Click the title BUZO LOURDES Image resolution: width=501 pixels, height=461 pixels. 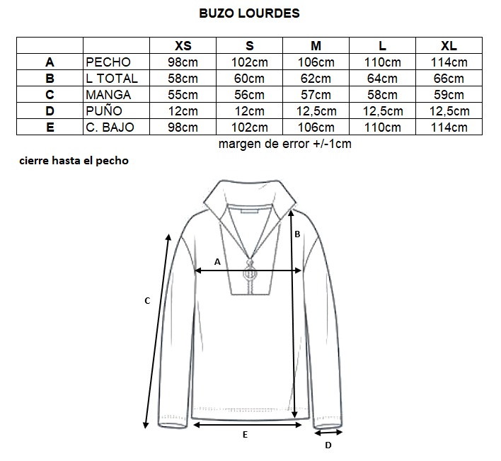click(249, 13)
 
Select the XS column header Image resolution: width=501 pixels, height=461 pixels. click(183, 46)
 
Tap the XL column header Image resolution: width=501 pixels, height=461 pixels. click(449, 46)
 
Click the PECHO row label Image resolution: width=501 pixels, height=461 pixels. click(108, 62)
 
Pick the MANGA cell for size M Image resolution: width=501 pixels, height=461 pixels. click(316, 95)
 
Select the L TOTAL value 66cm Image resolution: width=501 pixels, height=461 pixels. click(449, 79)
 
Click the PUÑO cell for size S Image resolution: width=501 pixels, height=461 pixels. click(250, 111)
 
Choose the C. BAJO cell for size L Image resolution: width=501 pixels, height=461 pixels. click(382, 127)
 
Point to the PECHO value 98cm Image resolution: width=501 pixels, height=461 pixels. click(183, 62)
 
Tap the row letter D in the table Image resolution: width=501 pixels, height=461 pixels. click(50, 111)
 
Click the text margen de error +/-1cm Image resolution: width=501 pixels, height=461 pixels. click(285, 144)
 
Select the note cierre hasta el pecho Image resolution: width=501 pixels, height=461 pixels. click(74, 161)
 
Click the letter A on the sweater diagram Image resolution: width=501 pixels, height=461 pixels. click(217, 262)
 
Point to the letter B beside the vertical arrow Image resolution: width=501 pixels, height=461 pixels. click(297, 234)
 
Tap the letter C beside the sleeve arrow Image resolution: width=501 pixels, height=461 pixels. click(147, 301)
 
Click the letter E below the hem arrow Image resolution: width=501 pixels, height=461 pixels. click(245, 435)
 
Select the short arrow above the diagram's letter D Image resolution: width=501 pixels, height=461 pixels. click(328, 433)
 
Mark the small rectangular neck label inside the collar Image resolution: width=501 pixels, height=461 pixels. click(250, 211)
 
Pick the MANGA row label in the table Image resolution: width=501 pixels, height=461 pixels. click(108, 95)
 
